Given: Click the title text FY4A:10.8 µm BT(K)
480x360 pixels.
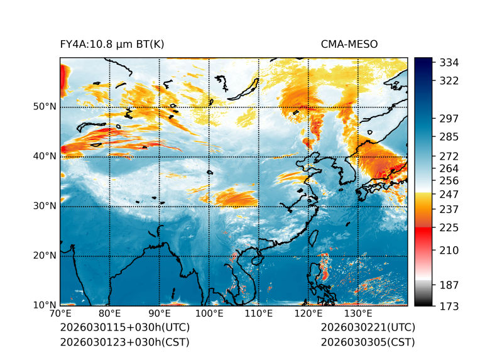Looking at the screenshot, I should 112,44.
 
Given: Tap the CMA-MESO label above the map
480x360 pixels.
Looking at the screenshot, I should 349,44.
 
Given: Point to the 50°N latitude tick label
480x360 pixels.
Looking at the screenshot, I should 45,107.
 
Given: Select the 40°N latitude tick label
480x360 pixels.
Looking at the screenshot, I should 45,156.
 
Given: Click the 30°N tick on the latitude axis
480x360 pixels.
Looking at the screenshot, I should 45,206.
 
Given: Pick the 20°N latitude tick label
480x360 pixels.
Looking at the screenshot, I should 45,256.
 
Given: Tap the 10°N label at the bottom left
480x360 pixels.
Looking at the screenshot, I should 45,305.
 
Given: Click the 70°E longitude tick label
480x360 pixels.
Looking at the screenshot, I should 60,314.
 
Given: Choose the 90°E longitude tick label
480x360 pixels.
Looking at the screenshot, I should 160,314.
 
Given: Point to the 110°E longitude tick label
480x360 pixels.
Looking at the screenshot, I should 258,314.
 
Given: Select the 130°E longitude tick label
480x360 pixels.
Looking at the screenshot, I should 357,314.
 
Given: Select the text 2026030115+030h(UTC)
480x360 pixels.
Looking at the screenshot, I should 124,327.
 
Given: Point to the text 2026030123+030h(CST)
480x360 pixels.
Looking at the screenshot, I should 124,342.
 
